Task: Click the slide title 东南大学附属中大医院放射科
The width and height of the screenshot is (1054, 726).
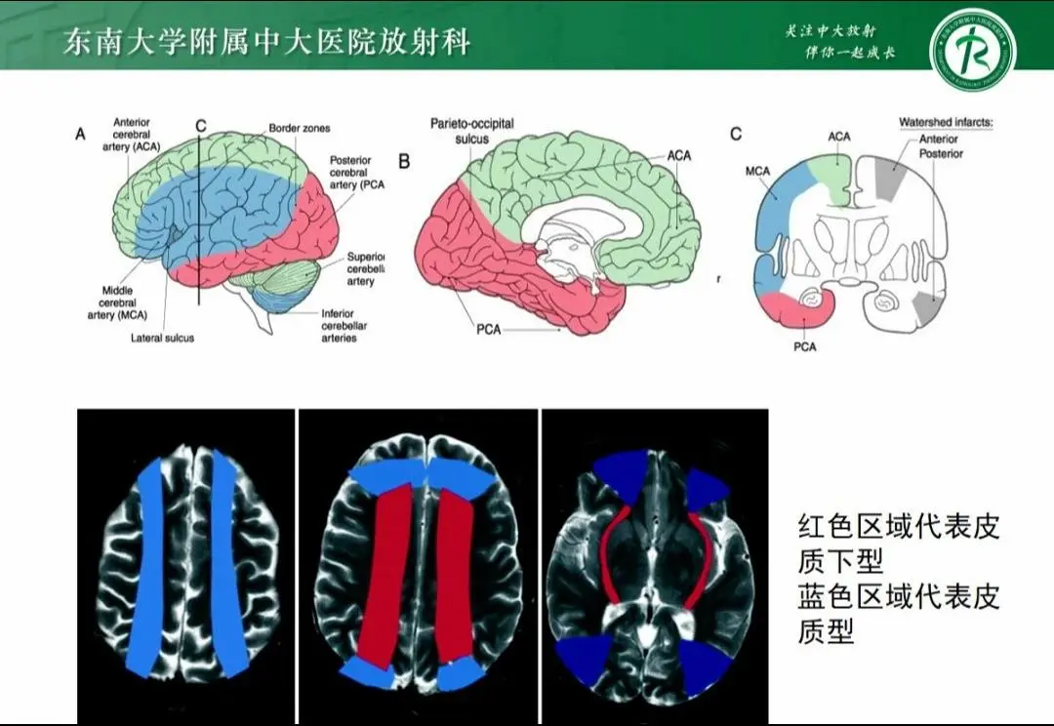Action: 266,42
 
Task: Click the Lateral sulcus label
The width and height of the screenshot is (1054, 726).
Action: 162,338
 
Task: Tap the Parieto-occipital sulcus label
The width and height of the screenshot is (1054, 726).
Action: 471,131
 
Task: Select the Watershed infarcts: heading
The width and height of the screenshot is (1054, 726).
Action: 945,124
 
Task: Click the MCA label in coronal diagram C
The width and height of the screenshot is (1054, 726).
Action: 757,172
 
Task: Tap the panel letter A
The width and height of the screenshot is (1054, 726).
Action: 81,136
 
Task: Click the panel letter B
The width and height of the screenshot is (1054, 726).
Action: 403,159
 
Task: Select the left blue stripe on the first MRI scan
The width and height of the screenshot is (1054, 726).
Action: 151,566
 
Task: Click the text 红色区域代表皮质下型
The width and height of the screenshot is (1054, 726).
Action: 898,544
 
